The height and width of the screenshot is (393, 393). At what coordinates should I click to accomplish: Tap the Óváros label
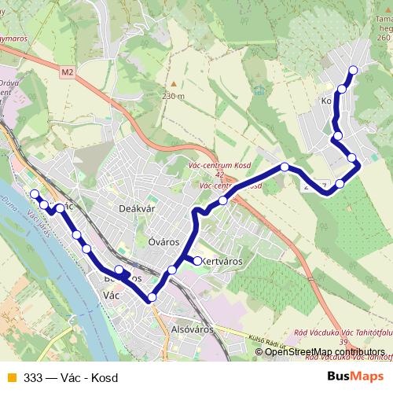click(163, 242)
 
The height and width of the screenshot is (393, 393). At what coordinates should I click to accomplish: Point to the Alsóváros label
click(192, 331)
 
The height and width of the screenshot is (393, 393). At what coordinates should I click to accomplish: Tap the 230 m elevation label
click(173, 96)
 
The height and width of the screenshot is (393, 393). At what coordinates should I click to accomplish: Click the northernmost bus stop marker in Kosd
click(352, 70)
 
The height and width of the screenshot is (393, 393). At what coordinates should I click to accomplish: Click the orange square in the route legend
click(11, 378)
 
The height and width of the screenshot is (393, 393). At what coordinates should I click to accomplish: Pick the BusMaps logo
click(356, 377)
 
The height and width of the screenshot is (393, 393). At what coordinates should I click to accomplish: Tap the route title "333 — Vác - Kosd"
click(71, 378)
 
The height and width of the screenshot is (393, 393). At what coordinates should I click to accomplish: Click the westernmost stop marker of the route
click(34, 194)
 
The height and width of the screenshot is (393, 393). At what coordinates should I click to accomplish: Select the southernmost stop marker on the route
click(152, 296)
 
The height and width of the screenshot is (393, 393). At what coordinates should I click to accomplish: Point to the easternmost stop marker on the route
click(352, 159)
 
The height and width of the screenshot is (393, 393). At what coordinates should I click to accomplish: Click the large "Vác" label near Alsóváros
click(112, 296)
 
